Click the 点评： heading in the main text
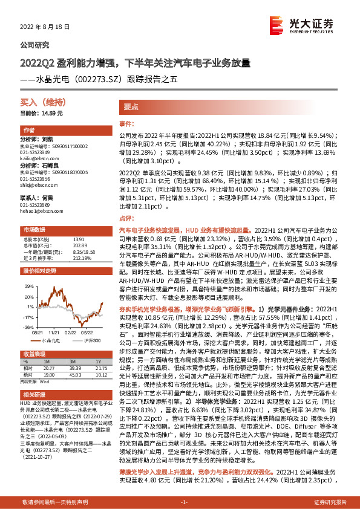[x=125, y=218]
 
